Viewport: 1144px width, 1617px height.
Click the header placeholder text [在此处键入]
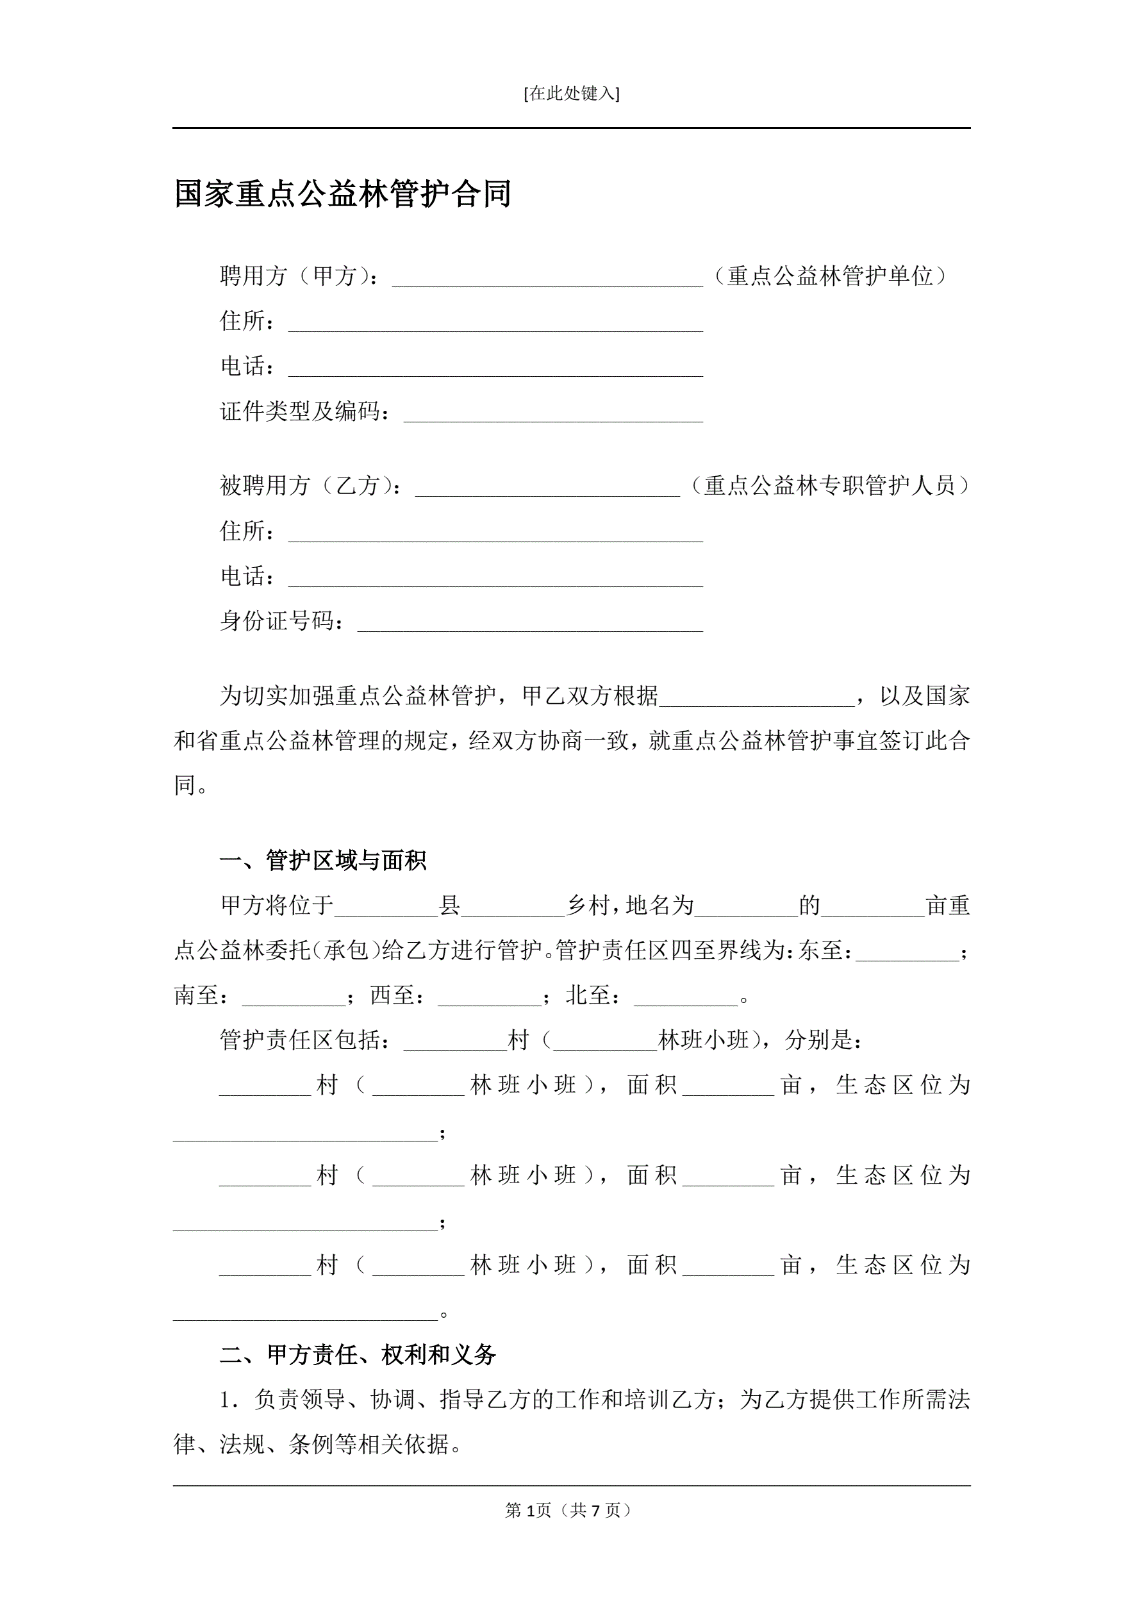pos(571,94)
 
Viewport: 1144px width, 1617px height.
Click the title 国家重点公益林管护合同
pos(342,194)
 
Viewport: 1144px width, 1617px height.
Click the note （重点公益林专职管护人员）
pos(829,485)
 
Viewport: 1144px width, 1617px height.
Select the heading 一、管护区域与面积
pos(324,860)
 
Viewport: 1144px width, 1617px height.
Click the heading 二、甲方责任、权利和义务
pos(358,1354)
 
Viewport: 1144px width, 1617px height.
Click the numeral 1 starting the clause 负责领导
pos(226,1400)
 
